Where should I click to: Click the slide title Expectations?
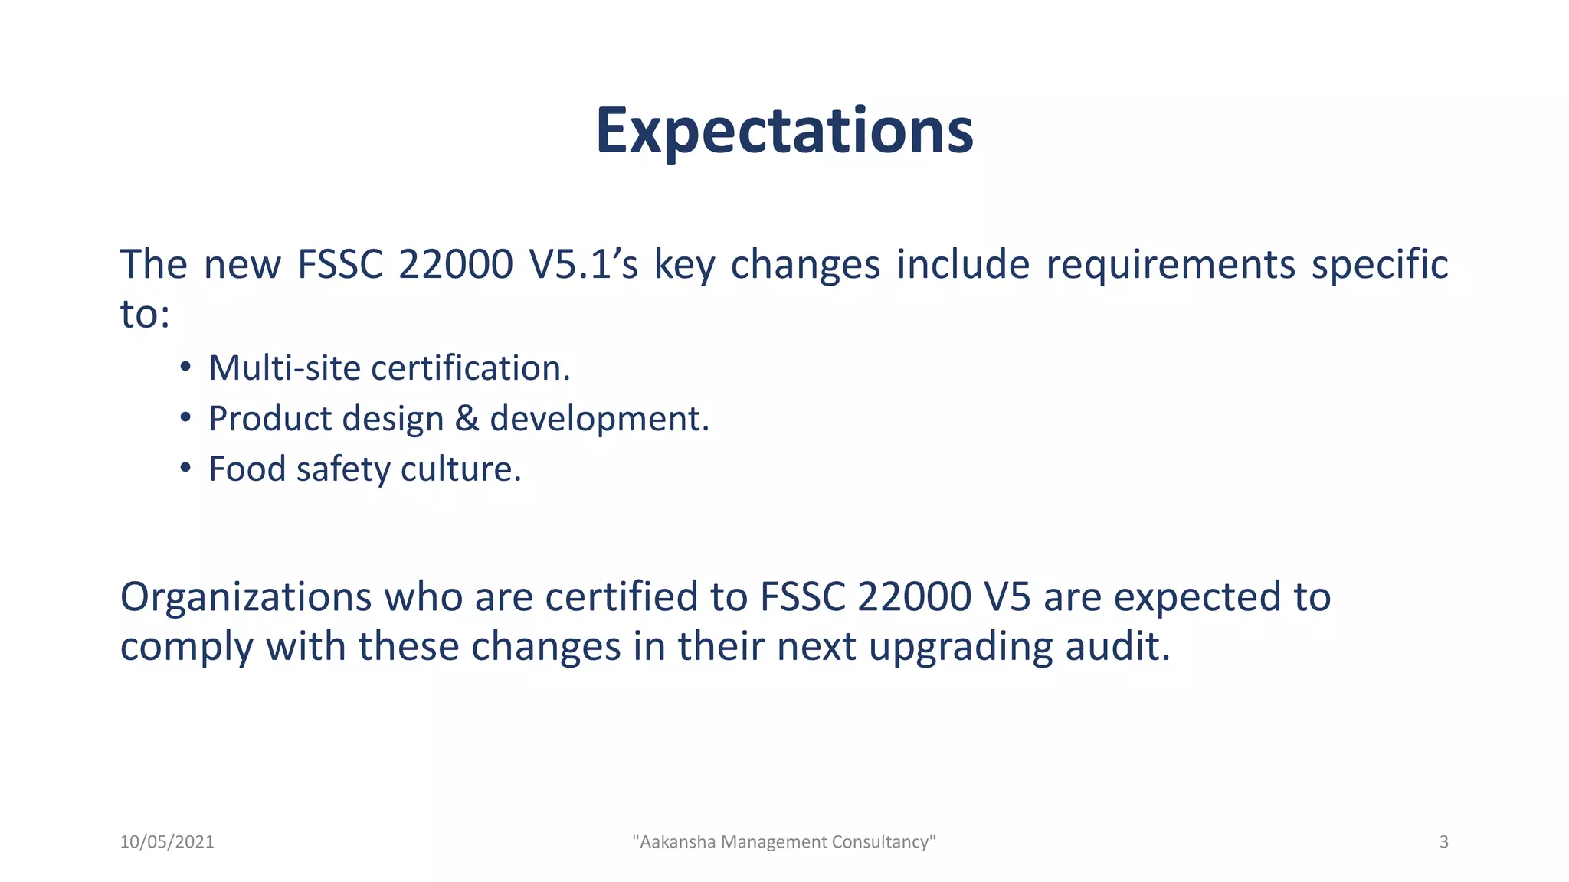(784, 132)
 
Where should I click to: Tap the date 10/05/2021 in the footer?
(167, 842)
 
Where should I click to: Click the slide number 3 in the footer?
(1443, 842)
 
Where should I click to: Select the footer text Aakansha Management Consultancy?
(784, 842)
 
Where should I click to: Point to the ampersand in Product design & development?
(467, 419)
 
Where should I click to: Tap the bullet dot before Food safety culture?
(185, 467)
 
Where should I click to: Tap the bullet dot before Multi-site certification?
(185, 367)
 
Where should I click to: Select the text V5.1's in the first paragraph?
(583, 265)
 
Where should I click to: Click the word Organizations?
(245, 597)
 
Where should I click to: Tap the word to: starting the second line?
(145, 315)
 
